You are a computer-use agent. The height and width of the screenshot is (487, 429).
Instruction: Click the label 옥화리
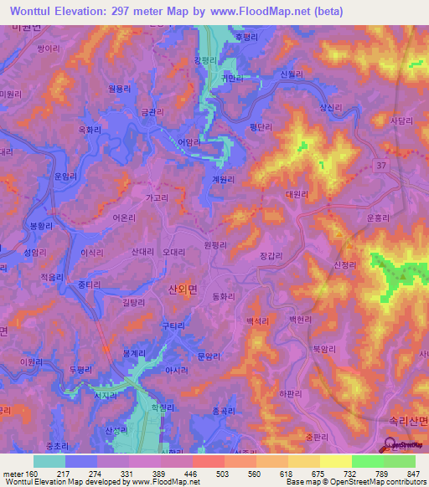89,130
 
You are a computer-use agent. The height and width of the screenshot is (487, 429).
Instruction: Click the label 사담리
401,120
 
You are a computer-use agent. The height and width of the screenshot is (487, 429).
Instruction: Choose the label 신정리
346,264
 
